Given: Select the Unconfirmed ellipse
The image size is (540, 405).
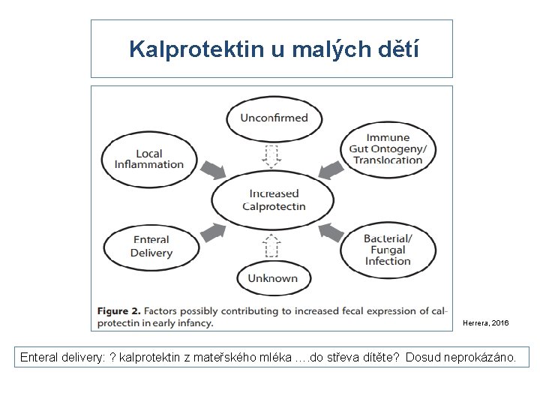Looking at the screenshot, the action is pos(274,117).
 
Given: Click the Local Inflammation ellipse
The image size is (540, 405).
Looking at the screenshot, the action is pos(149,159).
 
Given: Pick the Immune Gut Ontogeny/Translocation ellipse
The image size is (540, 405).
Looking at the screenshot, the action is pos(388,148).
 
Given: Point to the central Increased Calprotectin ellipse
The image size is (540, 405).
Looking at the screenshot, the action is pos(274,199).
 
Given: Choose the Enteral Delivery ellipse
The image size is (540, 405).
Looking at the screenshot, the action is pos(151,247).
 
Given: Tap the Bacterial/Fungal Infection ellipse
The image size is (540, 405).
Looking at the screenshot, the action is pos(388,250).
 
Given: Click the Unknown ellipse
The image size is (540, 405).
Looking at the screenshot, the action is pos(273,278).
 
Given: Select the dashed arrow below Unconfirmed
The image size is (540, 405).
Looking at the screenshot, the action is pos(271,155).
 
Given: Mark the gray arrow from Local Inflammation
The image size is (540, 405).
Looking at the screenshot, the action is pos(214,169).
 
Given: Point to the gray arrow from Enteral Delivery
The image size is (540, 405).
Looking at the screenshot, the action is pos(213,232).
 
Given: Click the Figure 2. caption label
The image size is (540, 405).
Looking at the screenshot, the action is pos(118,310).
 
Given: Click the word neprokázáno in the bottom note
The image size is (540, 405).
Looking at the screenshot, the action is pos(480,358).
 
